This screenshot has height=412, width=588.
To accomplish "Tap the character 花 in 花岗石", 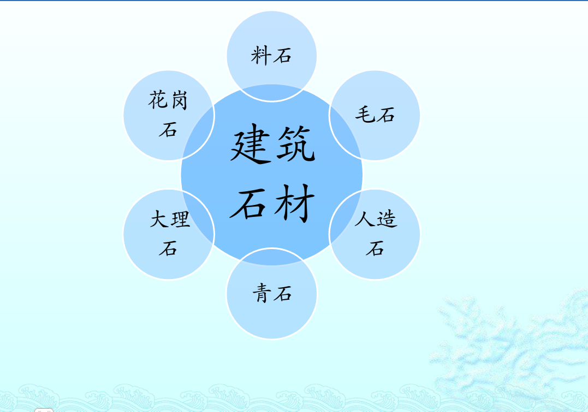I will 158,100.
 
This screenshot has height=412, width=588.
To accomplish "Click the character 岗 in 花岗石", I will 179,100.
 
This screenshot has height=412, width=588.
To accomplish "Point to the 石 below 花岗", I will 168,130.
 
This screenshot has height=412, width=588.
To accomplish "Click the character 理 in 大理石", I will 180,220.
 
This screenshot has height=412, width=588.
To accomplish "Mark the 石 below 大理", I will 168,249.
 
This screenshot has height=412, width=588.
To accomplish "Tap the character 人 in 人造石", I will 365,219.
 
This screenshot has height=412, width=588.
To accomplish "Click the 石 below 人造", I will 375,249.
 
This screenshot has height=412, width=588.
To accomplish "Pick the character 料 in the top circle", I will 261,56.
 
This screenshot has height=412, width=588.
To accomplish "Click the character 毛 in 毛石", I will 364,114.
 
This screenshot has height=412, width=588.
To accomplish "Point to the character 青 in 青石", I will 262,294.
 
